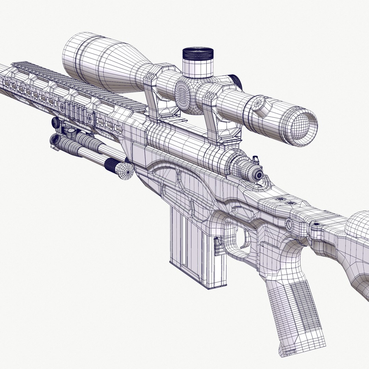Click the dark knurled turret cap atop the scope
tap(198, 54)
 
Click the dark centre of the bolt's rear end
tap(259, 175)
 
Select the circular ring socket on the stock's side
tap(290, 224)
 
